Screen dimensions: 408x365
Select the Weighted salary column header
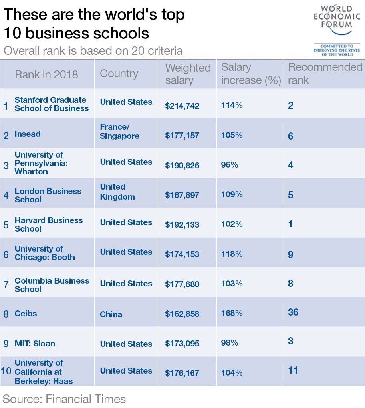[188, 74]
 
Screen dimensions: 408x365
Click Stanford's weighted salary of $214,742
[182, 106]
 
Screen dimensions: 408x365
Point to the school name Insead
[28, 134]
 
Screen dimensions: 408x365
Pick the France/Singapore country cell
[119, 131]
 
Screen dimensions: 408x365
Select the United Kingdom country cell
[117, 192]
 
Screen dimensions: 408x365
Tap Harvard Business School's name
[48, 224]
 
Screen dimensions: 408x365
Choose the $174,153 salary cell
[182, 254]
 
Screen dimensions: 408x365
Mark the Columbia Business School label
[52, 285]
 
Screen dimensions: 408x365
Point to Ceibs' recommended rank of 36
[293, 312]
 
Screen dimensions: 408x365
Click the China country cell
[111, 314]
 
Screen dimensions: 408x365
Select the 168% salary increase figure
[232, 313]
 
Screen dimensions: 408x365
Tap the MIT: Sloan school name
[35, 344]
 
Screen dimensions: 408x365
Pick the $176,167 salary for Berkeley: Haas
[182, 373]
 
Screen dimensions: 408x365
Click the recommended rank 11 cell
[293, 370]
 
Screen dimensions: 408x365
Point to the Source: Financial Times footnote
[64, 399]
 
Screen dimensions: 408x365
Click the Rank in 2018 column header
[46, 74]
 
